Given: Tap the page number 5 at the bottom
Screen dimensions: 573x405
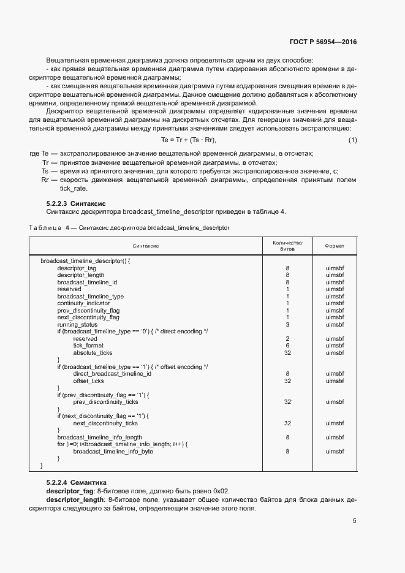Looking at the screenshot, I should coord(354,521).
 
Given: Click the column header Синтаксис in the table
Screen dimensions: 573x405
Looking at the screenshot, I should coord(146,246).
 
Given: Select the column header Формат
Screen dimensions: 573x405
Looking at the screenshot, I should coord(335,246).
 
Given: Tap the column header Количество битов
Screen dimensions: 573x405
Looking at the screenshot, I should coord(287,246).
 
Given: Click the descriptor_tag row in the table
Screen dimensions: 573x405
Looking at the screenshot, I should coord(77,268).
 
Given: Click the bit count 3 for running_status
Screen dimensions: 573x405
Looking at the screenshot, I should coord(287,324).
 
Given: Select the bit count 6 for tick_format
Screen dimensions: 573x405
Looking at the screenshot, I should coord(287,346).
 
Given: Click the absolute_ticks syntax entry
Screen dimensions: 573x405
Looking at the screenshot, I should coord(93,352).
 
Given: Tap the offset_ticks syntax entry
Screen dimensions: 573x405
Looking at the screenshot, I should coord(89,381).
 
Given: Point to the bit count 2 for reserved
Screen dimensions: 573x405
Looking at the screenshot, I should coord(287,338).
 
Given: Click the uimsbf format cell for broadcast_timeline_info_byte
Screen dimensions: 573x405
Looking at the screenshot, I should coord(335,451).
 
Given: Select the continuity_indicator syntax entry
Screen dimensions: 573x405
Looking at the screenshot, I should coord(84,303).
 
